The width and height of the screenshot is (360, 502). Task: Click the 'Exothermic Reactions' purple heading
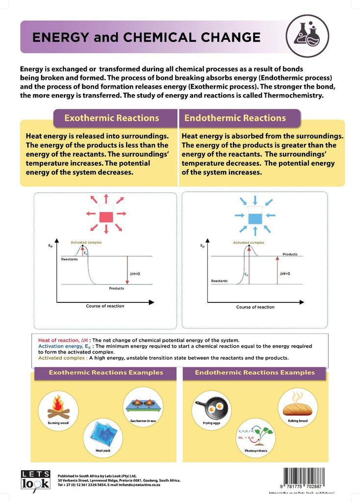[112, 118]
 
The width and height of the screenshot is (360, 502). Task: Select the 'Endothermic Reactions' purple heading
[234, 118]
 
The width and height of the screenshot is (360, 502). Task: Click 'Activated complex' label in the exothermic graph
[86, 243]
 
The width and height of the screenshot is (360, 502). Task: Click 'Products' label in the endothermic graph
[290, 254]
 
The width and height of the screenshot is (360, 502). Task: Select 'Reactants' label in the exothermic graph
[69, 259]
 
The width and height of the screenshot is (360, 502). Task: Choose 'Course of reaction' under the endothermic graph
[255, 307]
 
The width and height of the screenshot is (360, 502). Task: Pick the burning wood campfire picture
[58, 407]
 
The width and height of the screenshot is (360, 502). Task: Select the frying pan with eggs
[211, 406]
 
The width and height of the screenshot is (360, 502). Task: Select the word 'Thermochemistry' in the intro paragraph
[293, 96]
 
